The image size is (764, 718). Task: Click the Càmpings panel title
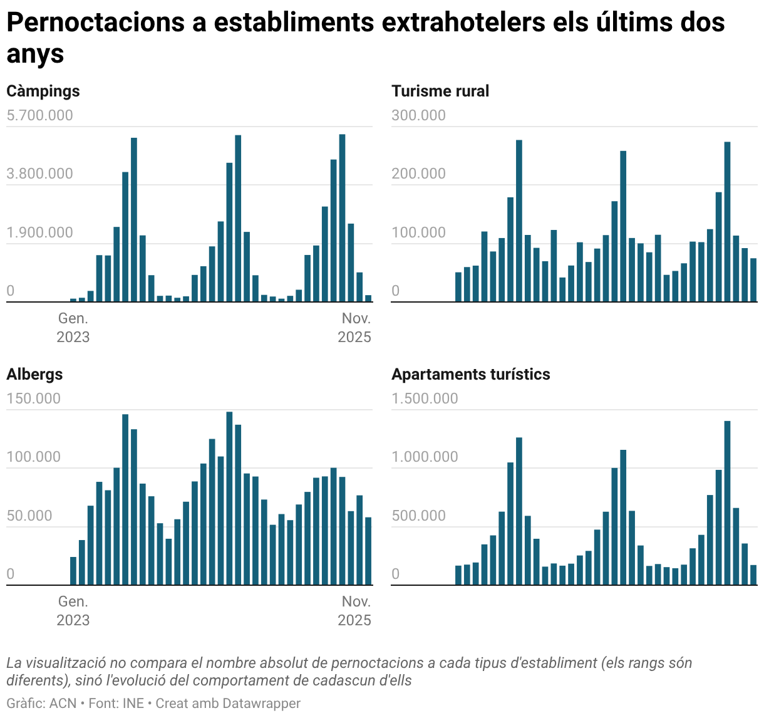(x=43, y=91)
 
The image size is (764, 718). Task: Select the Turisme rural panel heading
(x=440, y=91)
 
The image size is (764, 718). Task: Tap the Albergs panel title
(x=35, y=375)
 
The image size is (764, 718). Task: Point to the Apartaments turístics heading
(x=471, y=375)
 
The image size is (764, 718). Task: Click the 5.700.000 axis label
(x=39, y=115)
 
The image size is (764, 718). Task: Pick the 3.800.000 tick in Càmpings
(x=39, y=174)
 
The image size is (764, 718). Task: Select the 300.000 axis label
(x=418, y=115)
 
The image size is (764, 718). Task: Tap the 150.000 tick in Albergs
(x=33, y=398)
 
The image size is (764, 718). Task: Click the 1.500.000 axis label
(x=425, y=398)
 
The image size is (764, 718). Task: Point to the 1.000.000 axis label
(x=425, y=457)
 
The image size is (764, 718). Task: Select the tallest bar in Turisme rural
(x=519, y=221)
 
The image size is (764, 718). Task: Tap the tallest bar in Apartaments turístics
(x=727, y=502)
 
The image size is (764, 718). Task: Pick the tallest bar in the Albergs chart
(x=229, y=498)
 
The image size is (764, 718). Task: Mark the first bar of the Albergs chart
(x=73, y=571)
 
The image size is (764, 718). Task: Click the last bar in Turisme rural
(x=753, y=280)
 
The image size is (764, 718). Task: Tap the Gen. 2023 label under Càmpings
(x=73, y=328)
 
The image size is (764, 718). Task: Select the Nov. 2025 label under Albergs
(x=354, y=611)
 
